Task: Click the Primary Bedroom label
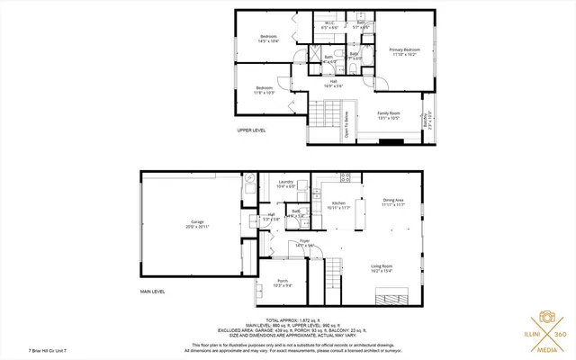click(x=404, y=51)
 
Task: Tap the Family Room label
click(x=388, y=115)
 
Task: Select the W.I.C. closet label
click(x=329, y=24)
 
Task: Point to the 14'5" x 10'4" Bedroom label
click(x=268, y=39)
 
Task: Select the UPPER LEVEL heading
click(x=251, y=130)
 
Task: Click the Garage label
click(x=197, y=224)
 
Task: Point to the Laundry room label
click(x=287, y=184)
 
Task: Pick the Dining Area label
click(x=393, y=202)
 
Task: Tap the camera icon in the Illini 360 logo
click(x=545, y=319)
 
